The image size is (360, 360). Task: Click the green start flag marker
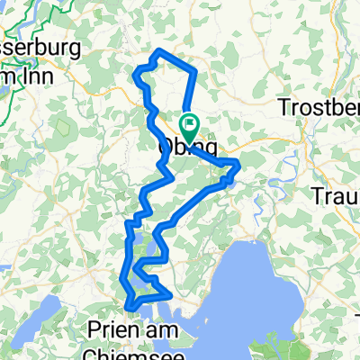(190, 123)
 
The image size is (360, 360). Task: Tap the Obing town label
(187, 145)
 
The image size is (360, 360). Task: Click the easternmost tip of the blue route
(239, 163)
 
